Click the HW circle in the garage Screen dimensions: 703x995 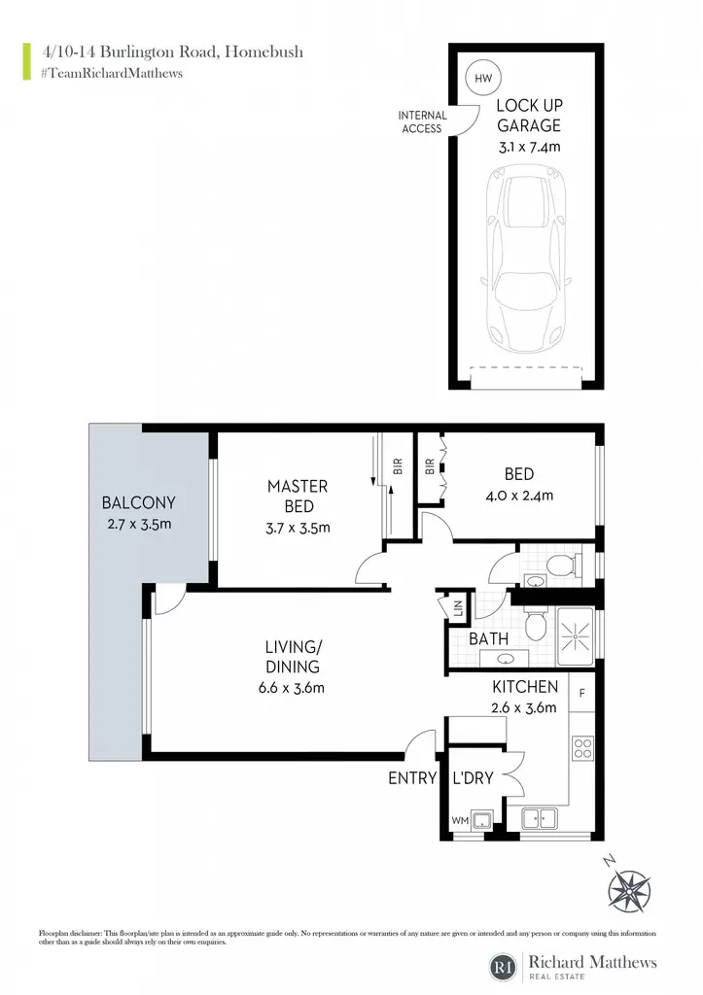coord(483,78)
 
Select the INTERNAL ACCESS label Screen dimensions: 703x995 coord(422,121)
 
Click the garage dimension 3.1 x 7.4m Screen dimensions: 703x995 coord(530,148)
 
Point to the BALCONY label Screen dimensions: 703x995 coord(138,503)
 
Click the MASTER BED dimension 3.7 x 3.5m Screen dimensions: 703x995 coord(298,528)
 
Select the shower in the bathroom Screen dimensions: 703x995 coord(576,636)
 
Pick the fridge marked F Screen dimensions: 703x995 coord(582,693)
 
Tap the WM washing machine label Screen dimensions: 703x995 coord(460,820)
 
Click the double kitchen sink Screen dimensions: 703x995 coord(539,818)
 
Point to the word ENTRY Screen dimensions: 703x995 coord(413,778)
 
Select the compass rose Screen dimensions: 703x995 coord(629,890)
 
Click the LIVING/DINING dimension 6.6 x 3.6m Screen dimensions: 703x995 coord(292,688)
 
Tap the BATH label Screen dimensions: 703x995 coord(488,639)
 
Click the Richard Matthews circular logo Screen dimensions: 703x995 coord(504,967)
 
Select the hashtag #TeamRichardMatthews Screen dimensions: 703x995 coord(112,74)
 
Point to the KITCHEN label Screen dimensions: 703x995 coord(525,687)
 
